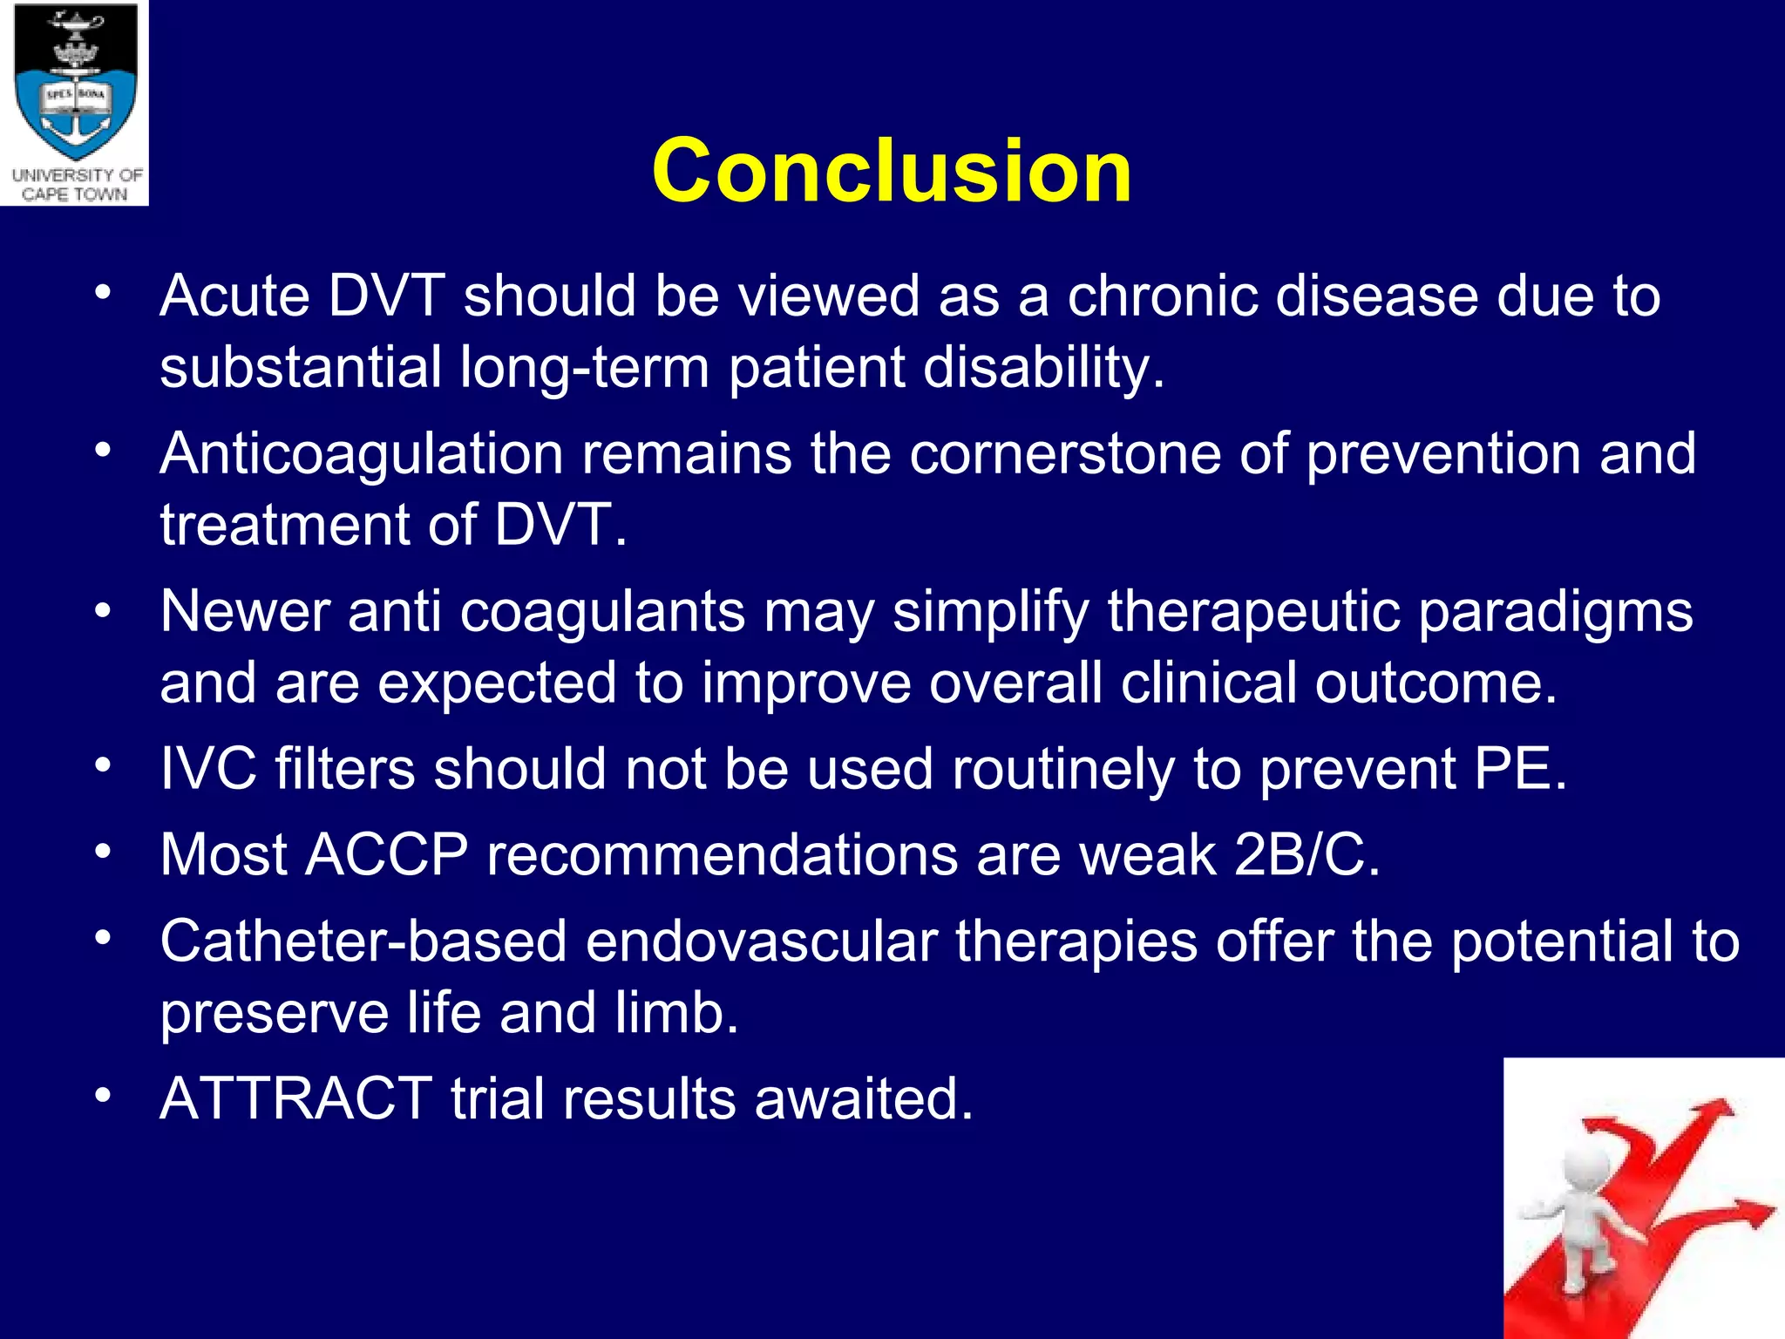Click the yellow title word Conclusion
click(891, 171)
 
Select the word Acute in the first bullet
click(234, 296)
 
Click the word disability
click(1042, 367)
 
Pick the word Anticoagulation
click(362, 455)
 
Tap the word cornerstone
click(1065, 455)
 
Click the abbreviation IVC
click(208, 770)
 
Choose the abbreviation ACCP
click(387, 855)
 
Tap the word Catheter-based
click(363, 942)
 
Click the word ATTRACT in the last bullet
click(295, 1098)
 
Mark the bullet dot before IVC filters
click(104, 765)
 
